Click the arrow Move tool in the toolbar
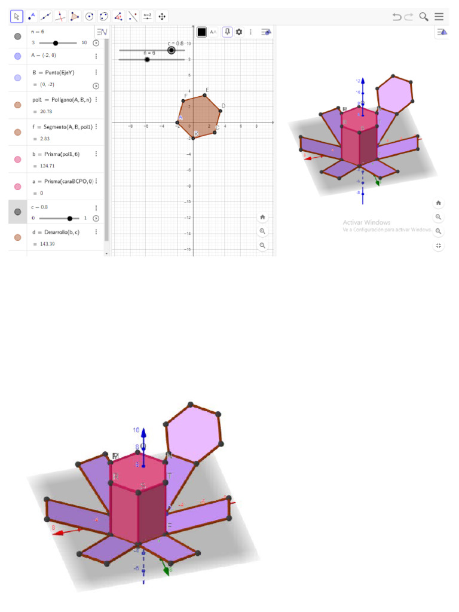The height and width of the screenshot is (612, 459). (x=17, y=17)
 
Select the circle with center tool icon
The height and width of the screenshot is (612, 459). (x=89, y=17)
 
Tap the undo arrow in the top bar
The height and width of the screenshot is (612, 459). (x=397, y=17)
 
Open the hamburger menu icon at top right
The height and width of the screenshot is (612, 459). (x=439, y=17)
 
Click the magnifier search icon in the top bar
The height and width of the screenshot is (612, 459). (x=424, y=17)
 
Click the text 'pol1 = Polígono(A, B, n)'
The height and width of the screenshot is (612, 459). (x=62, y=100)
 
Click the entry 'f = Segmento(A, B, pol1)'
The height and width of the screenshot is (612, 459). (x=62, y=127)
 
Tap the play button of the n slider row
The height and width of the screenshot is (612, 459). (x=96, y=43)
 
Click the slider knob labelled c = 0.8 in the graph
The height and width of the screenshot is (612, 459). (x=172, y=50)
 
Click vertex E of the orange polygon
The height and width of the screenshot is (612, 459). (x=205, y=95)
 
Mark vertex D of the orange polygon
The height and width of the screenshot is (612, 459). (x=221, y=111)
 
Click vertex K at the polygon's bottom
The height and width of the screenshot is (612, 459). (x=193, y=139)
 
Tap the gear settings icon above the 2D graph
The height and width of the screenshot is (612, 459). (x=239, y=32)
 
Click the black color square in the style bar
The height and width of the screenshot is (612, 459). (x=202, y=32)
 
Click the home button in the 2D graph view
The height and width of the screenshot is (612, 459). (x=262, y=217)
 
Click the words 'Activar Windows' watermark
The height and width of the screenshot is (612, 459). (x=366, y=222)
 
